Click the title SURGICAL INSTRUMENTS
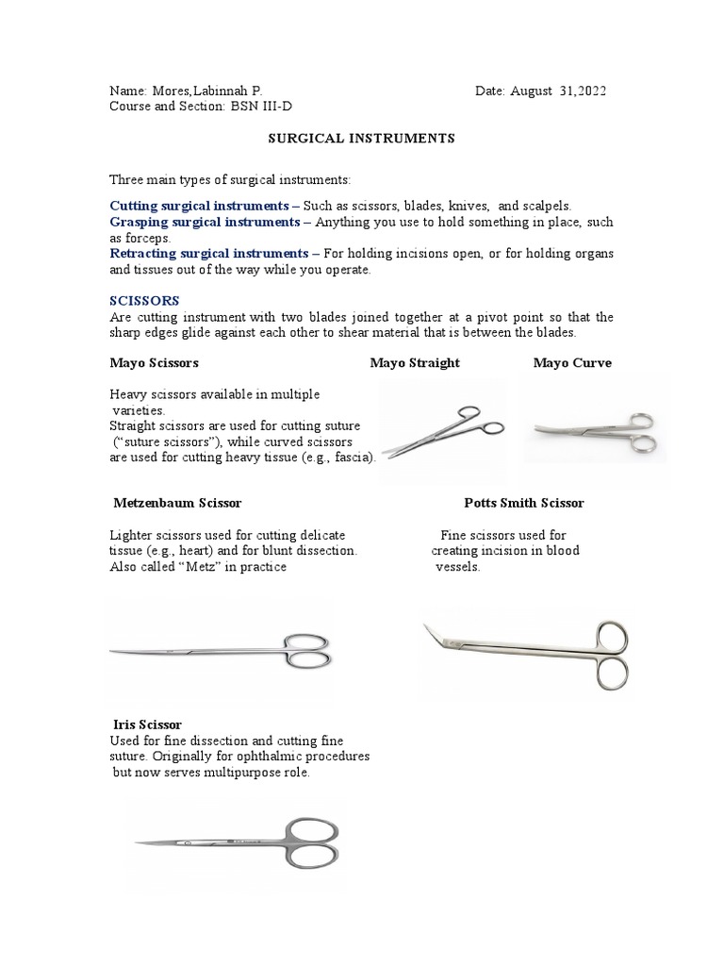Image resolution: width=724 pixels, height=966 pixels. [361, 139]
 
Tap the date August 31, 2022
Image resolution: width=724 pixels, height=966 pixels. [559, 91]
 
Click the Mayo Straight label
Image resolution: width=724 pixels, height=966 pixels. [415, 363]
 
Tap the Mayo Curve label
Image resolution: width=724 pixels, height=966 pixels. [572, 363]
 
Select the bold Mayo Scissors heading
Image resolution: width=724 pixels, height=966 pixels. [155, 363]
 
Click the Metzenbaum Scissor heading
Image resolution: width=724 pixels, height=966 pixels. [184, 503]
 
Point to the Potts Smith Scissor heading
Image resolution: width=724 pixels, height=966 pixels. [524, 503]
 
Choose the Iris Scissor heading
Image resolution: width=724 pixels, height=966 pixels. [147, 724]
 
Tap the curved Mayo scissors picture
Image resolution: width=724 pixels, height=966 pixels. [594, 430]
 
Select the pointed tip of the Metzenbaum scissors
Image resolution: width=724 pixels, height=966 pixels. [114, 652]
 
